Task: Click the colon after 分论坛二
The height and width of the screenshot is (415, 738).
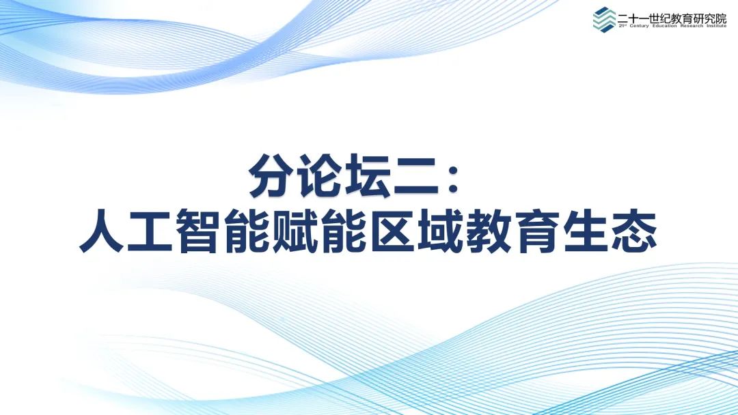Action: click(x=453, y=180)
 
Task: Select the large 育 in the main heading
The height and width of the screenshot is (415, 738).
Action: click(x=536, y=231)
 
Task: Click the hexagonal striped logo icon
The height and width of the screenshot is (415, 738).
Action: click(x=604, y=19)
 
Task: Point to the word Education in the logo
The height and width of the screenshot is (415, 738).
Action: click(x=664, y=26)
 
